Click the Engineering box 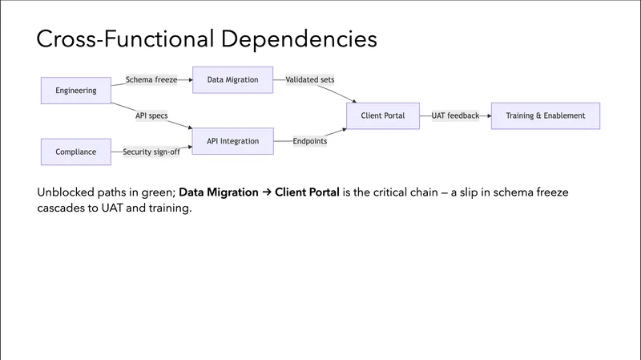click(x=76, y=91)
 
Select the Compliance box click(x=76, y=152)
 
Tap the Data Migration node click(x=232, y=80)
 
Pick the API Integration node click(x=232, y=141)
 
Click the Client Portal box click(x=383, y=115)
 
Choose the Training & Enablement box click(x=545, y=115)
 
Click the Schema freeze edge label click(x=151, y=80)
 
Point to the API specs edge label click(x=151, y=115)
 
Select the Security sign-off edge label click(x=151, y=152)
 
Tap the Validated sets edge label click(x=310, y=80)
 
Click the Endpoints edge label click(x=310, y=141)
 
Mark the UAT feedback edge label click(x=455, y=115)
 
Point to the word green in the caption click(x=153, y=193)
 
